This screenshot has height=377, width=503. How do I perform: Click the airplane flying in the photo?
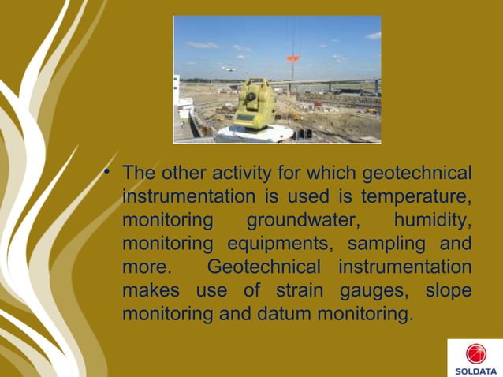point(229,69)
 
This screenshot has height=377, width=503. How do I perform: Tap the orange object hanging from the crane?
point(292,58)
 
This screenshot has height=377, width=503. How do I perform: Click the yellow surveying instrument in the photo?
point(254,104)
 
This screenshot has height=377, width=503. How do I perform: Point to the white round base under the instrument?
point(254,133)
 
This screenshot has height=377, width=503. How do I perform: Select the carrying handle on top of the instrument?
point(254,83)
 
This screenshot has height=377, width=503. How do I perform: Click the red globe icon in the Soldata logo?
point(475,353)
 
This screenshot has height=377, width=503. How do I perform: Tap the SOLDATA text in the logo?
point(475,371)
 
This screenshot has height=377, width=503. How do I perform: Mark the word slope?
point(449,290)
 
